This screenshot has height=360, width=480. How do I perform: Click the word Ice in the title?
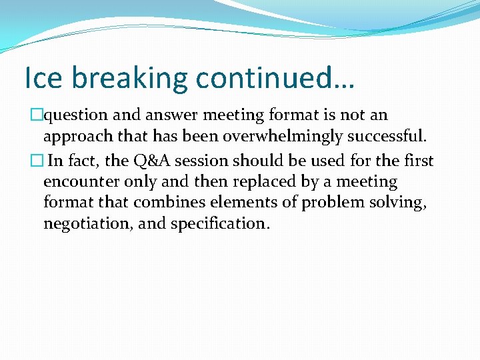43,78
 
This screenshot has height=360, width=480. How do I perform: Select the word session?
244,161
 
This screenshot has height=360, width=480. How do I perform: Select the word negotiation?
89,224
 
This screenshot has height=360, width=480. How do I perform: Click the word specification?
221,224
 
